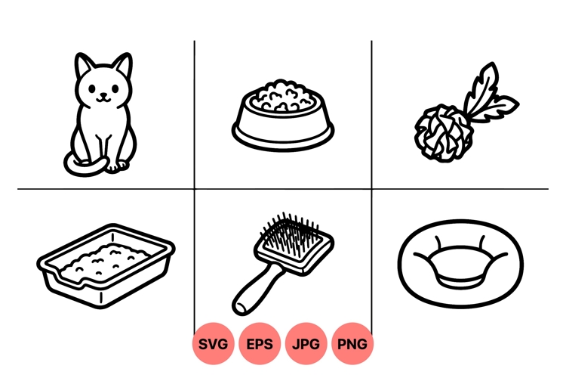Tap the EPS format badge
coord(260,344)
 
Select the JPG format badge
coord(306,344)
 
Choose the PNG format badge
coord(352,344)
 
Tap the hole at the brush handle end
coord(241,307)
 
